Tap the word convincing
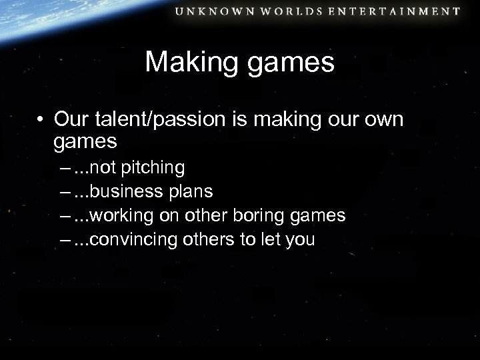coord(131,239)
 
